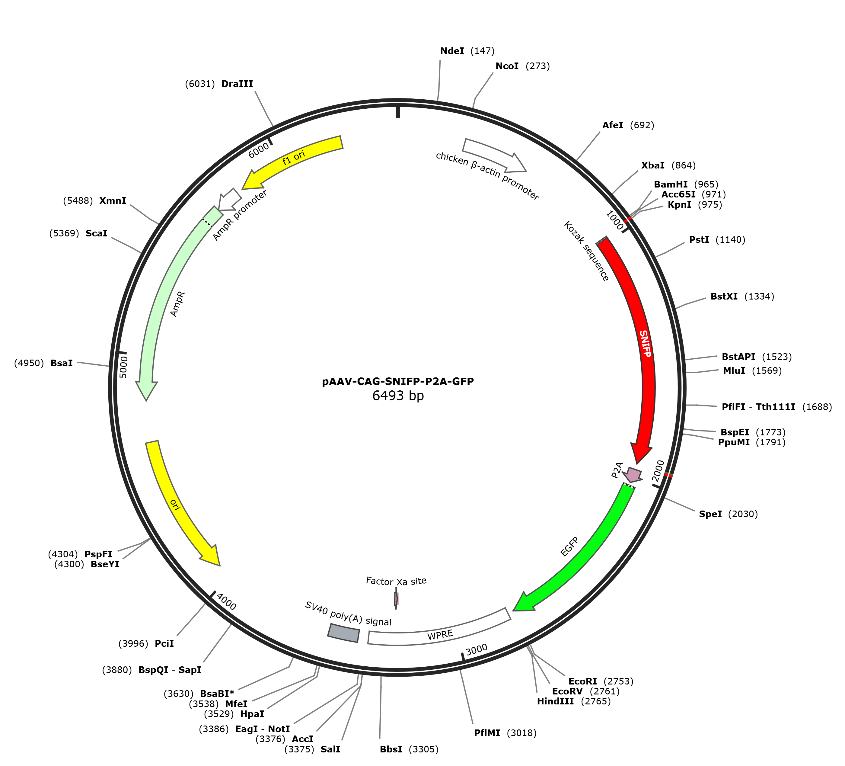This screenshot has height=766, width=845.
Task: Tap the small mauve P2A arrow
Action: (633, 475)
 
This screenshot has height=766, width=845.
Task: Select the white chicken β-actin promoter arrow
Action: (495, 155)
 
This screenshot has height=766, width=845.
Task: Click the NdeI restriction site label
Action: (452, 51)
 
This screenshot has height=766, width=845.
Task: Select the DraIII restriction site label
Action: (237, 84)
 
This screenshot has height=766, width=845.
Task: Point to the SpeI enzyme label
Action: (710, 514)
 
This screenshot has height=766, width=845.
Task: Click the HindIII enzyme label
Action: (555, 701)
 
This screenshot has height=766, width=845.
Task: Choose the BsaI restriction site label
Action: (62, 363)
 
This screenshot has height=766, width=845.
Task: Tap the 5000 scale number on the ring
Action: (123, 367)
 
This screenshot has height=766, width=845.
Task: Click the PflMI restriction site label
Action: (487, 733)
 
